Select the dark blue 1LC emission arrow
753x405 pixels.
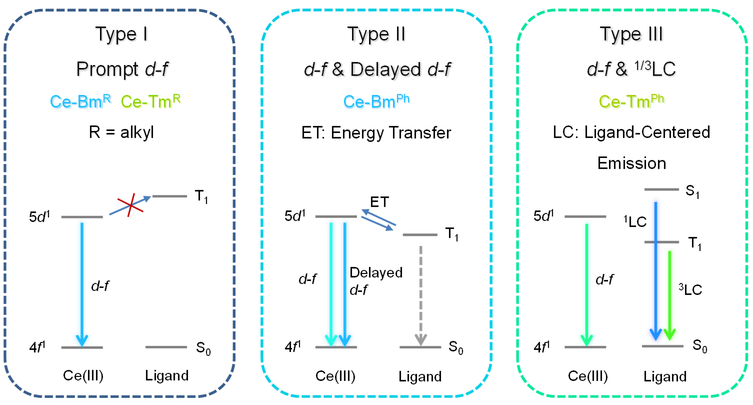tap(655, 270)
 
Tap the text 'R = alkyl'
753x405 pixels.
tap(123, 132)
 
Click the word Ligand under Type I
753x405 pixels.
tap(167, 375)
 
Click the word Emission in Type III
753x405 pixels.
tap(631, 163)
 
